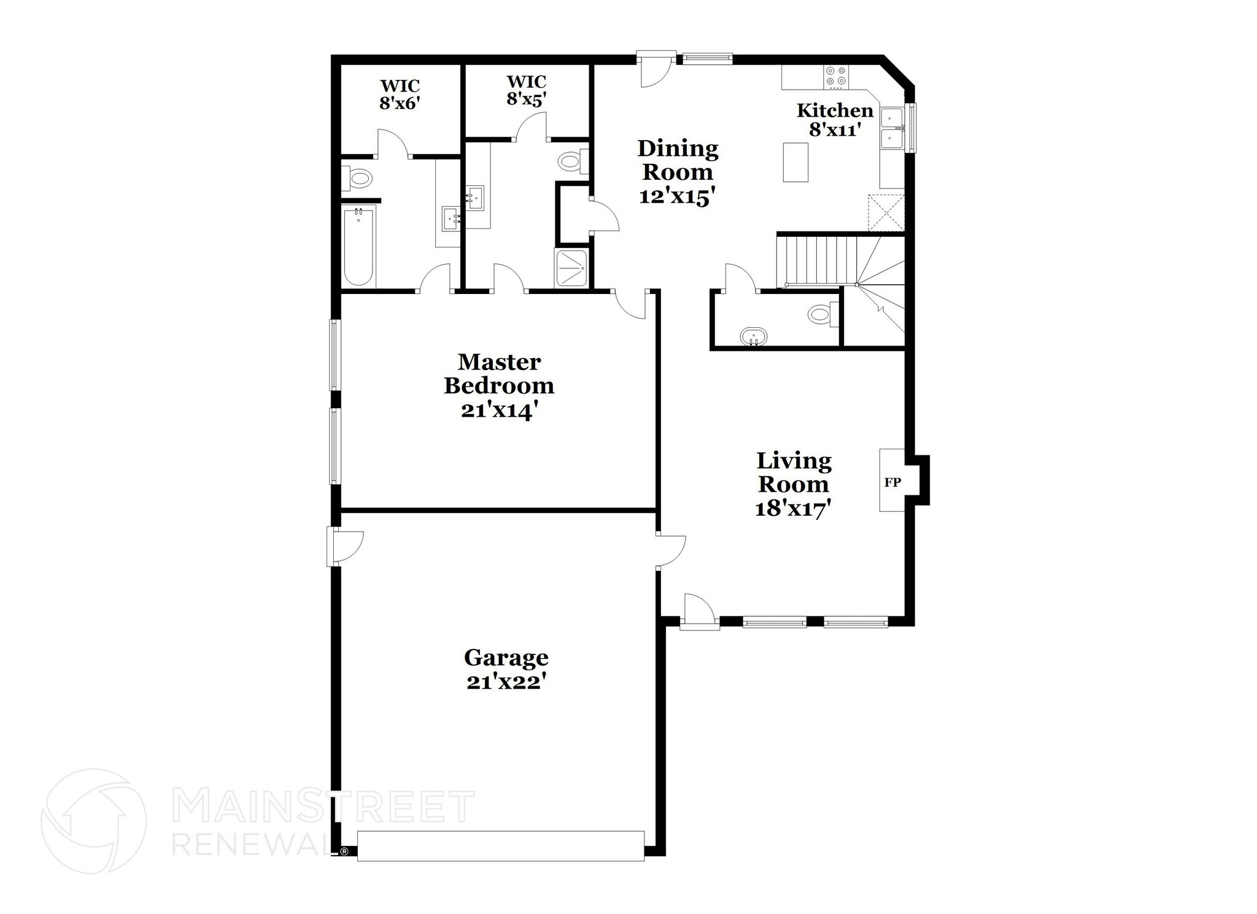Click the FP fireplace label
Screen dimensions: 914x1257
coord(892,482)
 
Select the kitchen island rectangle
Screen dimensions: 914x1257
coord(795,162)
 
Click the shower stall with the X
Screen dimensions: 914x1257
coord(573,268)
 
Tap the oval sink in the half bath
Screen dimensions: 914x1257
coord(752,337)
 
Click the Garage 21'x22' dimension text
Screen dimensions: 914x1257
coord(506,682)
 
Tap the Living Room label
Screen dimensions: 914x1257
coord(794,472)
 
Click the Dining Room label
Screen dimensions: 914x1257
coord(678,160)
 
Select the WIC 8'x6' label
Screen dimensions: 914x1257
coord(400,94)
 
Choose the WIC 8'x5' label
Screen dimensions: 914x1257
coord(526,90)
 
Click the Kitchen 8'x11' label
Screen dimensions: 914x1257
coord(835,120)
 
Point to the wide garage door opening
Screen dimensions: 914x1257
coord(501,846)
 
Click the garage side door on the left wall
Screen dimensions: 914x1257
coord(344,546)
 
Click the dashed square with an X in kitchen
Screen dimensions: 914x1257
coord(886,212)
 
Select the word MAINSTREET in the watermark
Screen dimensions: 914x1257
coord(322,805)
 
